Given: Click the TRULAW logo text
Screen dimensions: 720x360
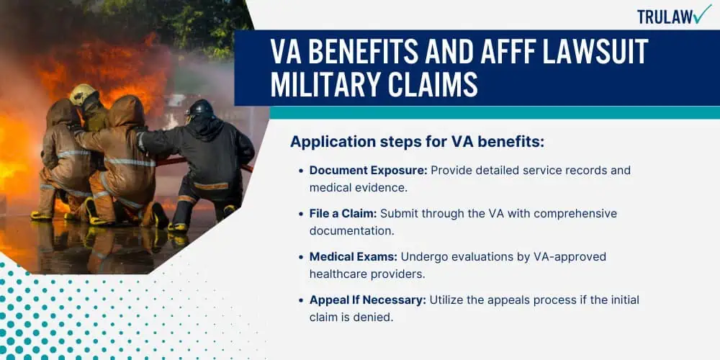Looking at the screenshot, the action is click(x=665, y=17).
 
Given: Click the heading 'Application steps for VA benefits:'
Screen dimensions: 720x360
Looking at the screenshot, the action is click(x=417, y=142).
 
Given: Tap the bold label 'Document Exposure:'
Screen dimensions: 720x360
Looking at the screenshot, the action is click(x=368, y=171).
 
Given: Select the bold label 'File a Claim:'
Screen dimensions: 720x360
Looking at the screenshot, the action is click(x=343, y=214).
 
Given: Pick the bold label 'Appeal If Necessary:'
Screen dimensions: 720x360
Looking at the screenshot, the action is click(x=368, y=300).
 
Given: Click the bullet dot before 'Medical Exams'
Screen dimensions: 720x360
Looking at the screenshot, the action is click(x=301, y=257).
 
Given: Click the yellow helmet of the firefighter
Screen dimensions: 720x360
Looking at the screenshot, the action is click(x=82, y=94).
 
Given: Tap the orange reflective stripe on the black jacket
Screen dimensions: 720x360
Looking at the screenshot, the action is click(x=211, y=186).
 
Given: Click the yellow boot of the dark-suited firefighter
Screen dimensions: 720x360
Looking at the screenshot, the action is click(x=177, y=227).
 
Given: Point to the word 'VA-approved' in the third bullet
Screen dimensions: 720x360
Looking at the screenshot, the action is click(x=567, y=257).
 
